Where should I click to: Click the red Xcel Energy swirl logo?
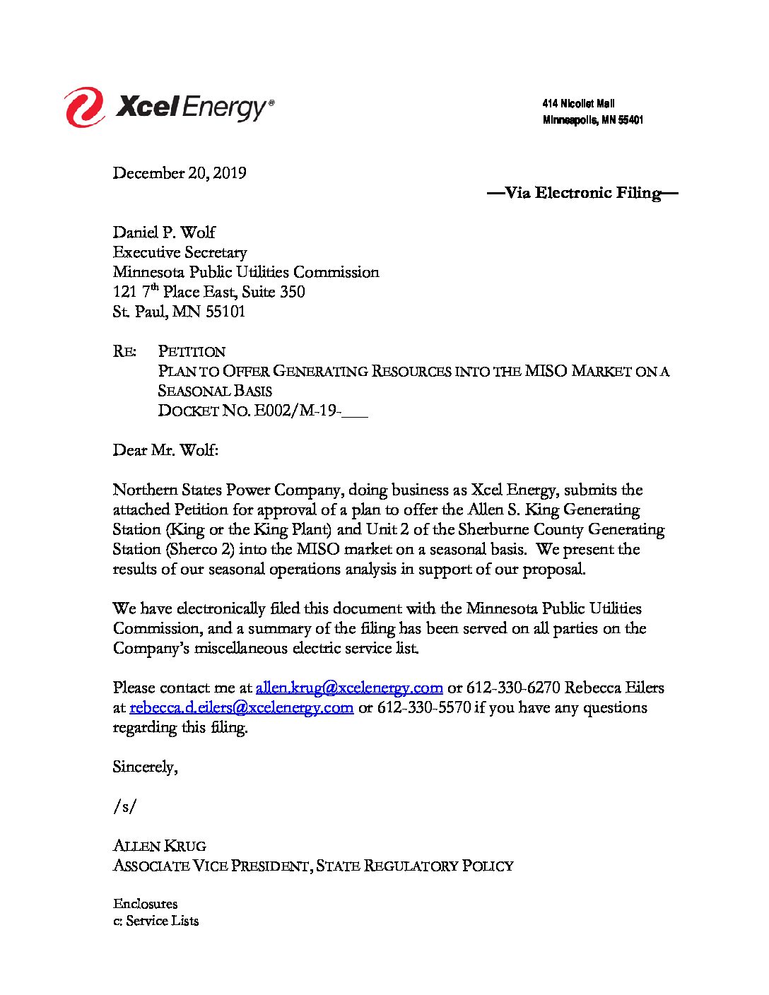[x=85, y=107]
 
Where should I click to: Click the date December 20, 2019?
[x=180, y=173]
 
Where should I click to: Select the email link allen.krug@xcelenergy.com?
[x=349, y=688]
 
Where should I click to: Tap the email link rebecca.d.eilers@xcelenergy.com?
[x=242, y=707]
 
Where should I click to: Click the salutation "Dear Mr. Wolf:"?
[x=166, y=450]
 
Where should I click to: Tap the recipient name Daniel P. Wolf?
[x=164, y=232]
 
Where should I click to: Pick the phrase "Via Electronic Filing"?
[x=582, y=193]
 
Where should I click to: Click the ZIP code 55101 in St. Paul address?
[x=225, y=312]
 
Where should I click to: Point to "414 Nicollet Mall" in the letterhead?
[x=578, y=104]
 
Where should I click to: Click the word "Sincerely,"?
[x=145, y=767]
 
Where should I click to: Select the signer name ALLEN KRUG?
[x=160, y=846]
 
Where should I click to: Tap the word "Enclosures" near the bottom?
[x=145, y=904]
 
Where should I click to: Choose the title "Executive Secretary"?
[x=180, y=252]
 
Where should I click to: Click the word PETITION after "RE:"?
[x=192, y=351]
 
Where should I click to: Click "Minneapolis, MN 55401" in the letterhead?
[x=592, y=120]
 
